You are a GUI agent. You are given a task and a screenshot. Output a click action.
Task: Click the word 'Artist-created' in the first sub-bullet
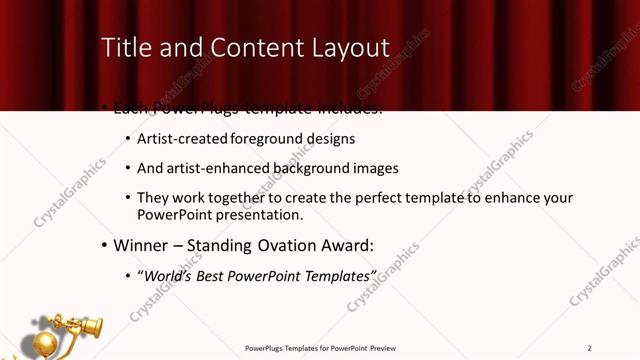[x=181, y=139]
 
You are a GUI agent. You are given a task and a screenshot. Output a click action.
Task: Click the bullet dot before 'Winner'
[x=104, y=244]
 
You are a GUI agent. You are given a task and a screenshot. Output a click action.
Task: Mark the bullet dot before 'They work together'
[x=127, y=198]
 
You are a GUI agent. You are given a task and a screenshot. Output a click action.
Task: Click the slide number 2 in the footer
[x=590, y=348]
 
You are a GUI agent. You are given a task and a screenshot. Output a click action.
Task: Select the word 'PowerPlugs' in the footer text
[x=266, y=348]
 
